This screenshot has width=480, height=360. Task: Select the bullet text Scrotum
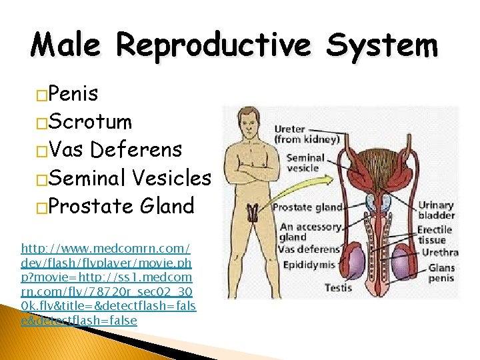(x=90, y=122)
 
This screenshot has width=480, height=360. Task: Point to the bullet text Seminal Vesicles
(x=129, y=178)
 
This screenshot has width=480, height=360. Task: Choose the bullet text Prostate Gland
(x=121, y=206)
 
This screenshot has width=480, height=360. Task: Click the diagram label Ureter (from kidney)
(x=306, y=134)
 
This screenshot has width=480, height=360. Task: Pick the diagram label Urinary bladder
(x=436, y=211)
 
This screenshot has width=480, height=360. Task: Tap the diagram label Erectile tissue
(x=435, y=235)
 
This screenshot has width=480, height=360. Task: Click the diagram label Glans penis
(x=442, y=273)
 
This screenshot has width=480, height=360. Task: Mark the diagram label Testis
(x=338, y=288)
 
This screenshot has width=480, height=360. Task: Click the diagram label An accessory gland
(x=301, y=233)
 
